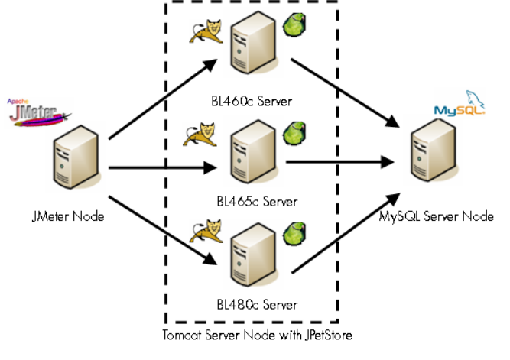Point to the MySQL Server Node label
(x=437, y=216)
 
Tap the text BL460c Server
(x=252, y=100)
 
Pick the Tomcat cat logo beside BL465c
(x=201, y=135)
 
